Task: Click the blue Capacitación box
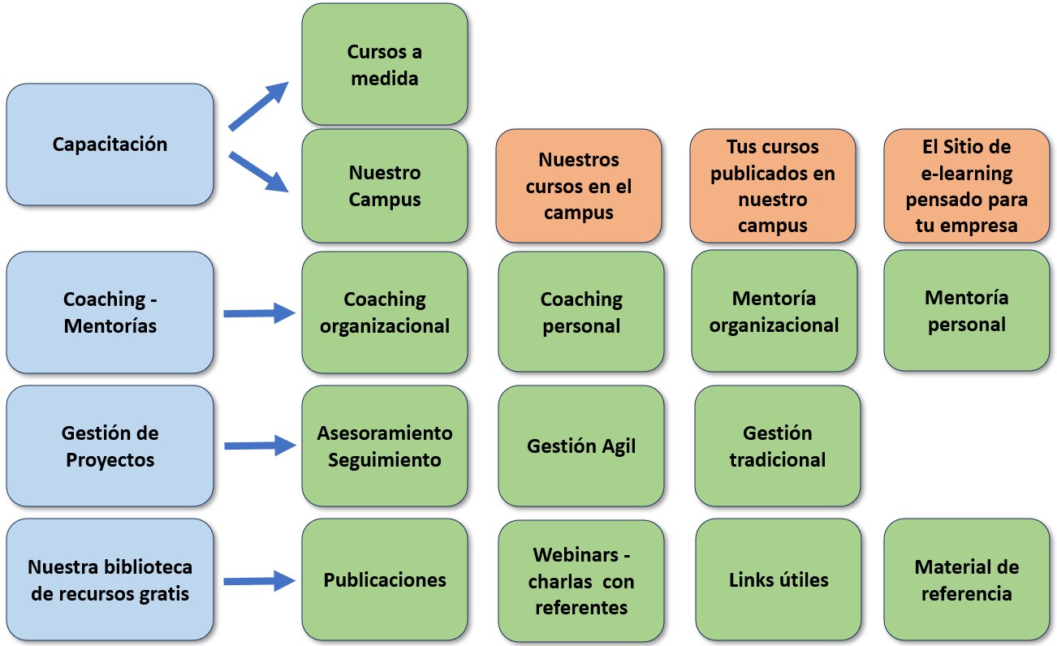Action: click(110, 144)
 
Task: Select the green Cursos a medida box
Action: click(384, 65)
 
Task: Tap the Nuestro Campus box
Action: click(384, 185)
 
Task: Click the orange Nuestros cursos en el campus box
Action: click(578, 186)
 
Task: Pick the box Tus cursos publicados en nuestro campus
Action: click(772, 186)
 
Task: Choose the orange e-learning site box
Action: click(966, 186)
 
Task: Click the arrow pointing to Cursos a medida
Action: click(260, 105)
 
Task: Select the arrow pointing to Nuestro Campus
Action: click(260, 172)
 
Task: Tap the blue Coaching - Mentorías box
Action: click(110, 312)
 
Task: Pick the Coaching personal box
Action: click(580, 312)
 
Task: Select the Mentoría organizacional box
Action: click(774, 311)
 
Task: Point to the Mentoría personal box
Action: click(966, 310)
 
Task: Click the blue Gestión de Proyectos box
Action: click(110, 446)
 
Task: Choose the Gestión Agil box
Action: click(580, 446)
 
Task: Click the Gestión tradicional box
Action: click(777, 446)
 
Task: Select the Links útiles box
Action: click(778, 579)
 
